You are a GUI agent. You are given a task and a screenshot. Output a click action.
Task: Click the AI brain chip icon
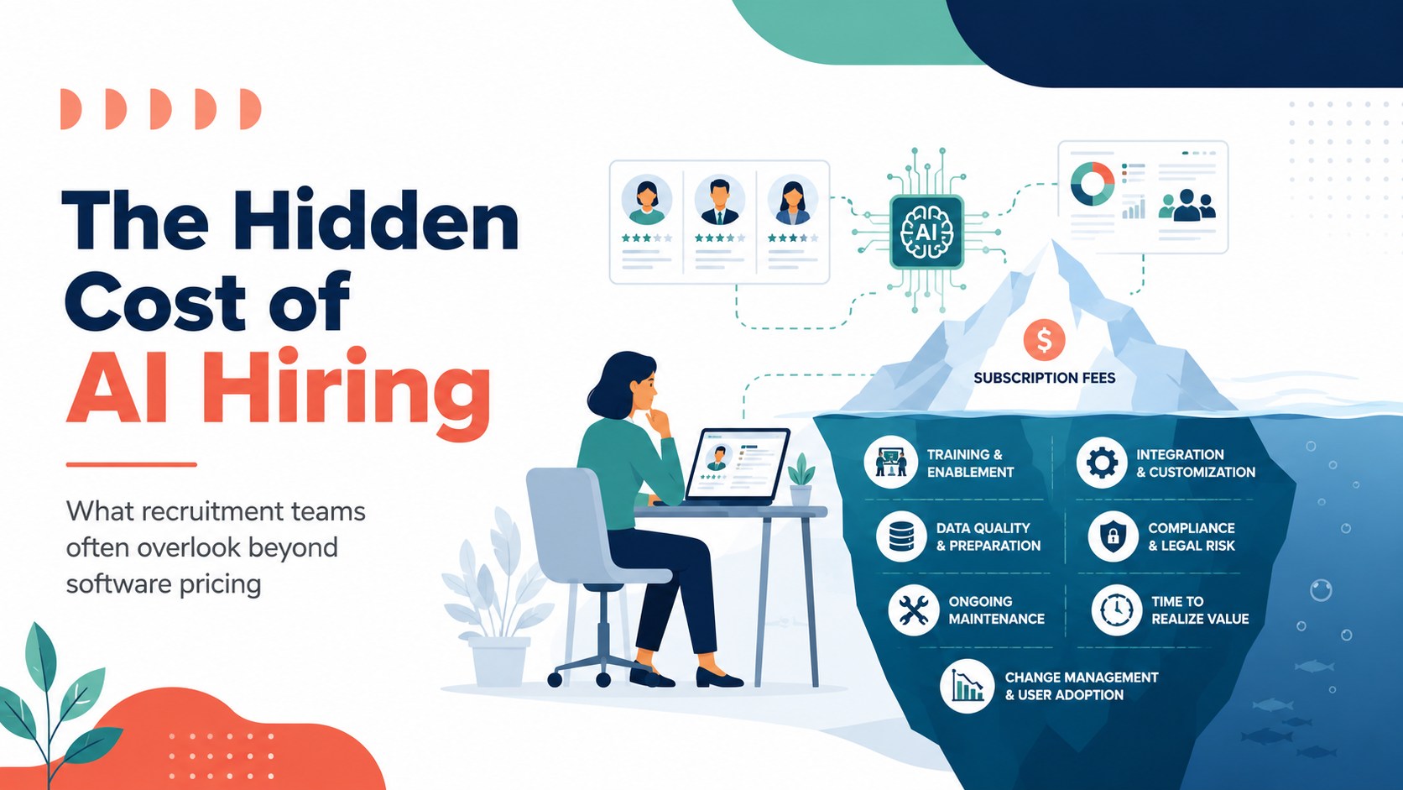[x=926, y=232]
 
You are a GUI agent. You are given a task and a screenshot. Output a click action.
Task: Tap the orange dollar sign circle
[x=1044, y=339]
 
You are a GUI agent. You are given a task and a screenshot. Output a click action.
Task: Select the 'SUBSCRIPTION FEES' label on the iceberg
[x=1044, y=378]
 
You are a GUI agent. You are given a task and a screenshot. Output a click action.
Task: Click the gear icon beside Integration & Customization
[x=1102, y=463]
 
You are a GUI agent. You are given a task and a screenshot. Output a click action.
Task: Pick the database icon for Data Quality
[x=901, y=536]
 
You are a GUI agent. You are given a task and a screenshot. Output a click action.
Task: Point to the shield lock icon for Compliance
[x=1113, y=536]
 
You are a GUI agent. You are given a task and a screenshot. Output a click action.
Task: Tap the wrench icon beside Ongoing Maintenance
[x=913, y=610]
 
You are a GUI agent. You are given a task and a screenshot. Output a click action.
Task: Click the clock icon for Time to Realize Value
[x=1116, y=610]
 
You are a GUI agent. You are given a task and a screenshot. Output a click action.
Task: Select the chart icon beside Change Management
[x=967, y=686]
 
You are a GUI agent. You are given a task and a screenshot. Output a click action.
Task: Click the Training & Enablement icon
[x=890, y=463]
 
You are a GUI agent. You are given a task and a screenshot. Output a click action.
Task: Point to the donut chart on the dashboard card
[x=1093, y=184]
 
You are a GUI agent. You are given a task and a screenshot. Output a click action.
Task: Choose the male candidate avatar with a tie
[x=719, y=201]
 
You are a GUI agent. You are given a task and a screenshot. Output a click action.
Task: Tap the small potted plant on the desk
[x=801, y=479]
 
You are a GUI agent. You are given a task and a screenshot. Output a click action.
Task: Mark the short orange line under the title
[x=132, y=464]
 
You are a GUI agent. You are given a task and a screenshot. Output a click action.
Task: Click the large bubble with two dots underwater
[x=1321, y=590]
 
